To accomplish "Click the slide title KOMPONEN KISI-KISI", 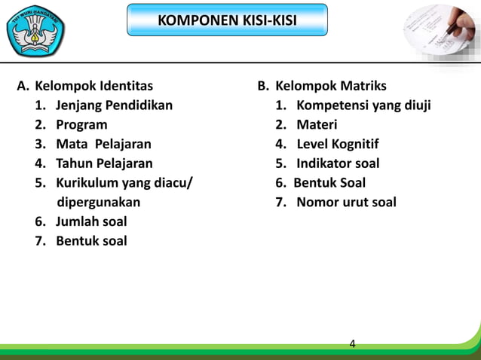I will click(227, 20).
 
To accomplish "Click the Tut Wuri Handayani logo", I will click(35, 32).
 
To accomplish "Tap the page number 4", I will click(352, 345).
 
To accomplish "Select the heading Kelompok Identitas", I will click(93, 86).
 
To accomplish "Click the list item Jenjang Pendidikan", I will click(114, 105).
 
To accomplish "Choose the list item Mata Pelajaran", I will click(103, 144).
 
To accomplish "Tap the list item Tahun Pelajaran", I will click(104, 163).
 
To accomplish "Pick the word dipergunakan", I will click(99, 202).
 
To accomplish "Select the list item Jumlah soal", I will click(91, 221).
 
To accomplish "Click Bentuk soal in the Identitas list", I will click(91, 241).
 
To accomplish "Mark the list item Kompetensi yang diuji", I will click(363, 105).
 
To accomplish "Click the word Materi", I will click(317, 124).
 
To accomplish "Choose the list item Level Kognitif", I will click(337, 144).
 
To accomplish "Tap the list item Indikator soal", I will click(338, 163).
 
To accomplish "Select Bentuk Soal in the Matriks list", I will click(329, 182).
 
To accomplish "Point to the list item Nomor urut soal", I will click(346, 202).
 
